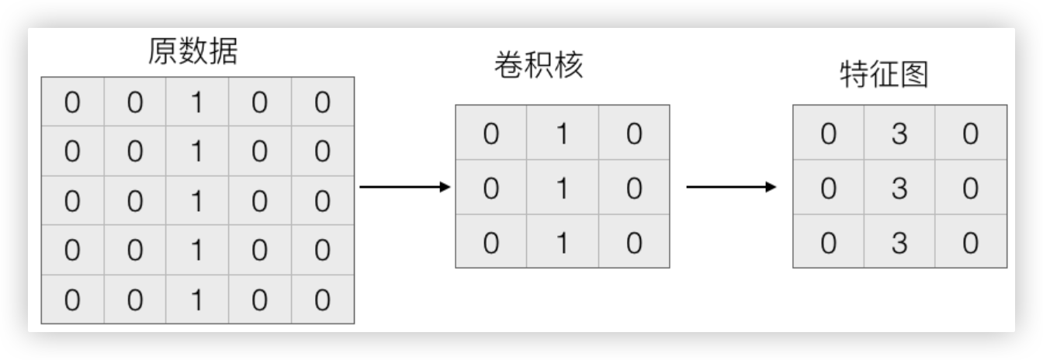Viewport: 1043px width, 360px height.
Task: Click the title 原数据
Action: pos(192,52)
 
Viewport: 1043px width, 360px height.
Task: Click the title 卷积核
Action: pos(539,67)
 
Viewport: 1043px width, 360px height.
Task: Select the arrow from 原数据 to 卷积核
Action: pos(406,187)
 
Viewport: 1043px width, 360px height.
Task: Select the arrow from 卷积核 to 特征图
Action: pos(732,187)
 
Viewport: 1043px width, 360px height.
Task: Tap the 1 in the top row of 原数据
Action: pos(197,102)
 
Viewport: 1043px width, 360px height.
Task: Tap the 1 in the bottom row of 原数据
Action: pos(197,299)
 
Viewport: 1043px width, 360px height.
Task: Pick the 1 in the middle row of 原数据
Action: pos(197,201)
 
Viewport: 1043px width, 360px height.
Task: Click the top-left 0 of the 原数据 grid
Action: pos(72,102)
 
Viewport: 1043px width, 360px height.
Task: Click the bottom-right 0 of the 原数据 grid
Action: pos(322,299)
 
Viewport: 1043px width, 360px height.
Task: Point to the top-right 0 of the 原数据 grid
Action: pos(322,102)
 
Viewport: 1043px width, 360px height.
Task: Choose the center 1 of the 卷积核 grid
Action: pos(562,188)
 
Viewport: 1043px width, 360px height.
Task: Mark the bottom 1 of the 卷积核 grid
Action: pos(562,241)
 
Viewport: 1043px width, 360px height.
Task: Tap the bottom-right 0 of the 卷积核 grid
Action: pos(633,241)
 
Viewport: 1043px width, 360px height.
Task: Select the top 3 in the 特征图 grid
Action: pos(899,134)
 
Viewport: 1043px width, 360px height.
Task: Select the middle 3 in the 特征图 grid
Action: pos(899,188)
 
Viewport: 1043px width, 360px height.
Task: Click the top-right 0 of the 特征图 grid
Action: pos(970,134)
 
